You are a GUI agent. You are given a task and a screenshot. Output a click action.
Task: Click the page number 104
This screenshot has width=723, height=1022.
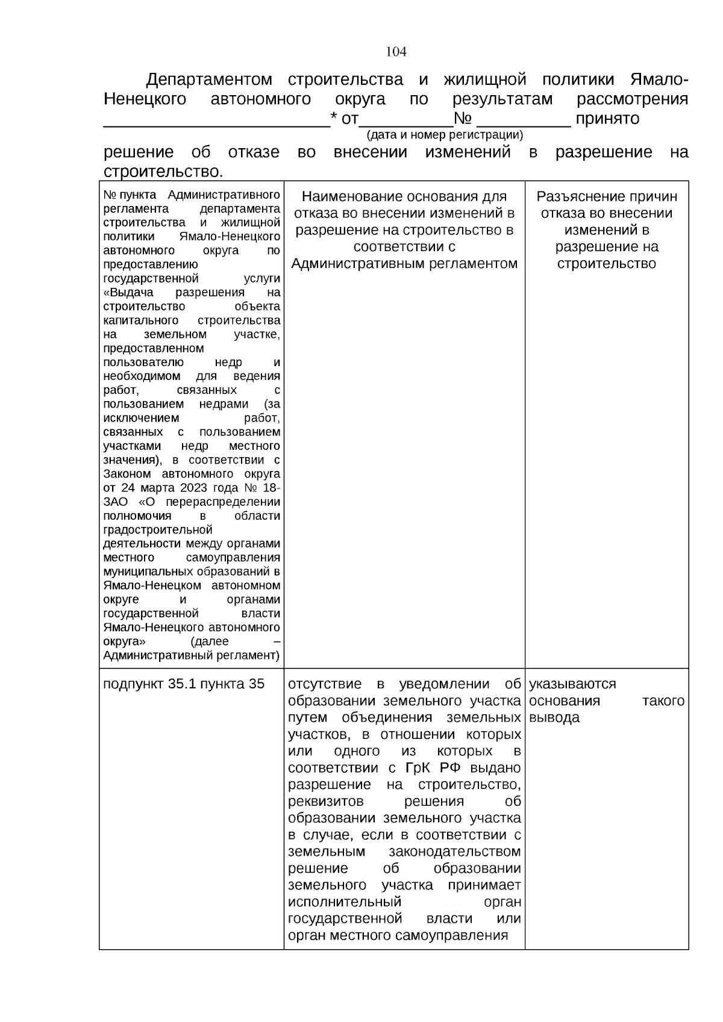click(x=396, y=52)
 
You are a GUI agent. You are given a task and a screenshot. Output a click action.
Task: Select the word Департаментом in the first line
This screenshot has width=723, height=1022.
click(x=209, y=79)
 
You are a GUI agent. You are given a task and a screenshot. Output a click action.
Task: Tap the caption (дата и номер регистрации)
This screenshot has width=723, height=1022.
click(x=445, y=134)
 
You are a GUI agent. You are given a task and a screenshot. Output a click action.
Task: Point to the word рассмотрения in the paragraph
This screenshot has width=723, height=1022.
click(x=632, y=99)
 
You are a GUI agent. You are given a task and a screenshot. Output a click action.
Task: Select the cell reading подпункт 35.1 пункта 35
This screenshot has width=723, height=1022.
click(x=184, y=684)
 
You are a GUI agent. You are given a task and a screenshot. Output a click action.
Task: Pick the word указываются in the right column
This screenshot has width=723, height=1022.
click(x=572, y=684)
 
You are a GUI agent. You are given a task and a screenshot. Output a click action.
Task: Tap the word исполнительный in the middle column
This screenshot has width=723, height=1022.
click(x=345, y=902)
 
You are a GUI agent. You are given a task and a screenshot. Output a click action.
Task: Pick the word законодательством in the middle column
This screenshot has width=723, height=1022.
click(x=454, y=852)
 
